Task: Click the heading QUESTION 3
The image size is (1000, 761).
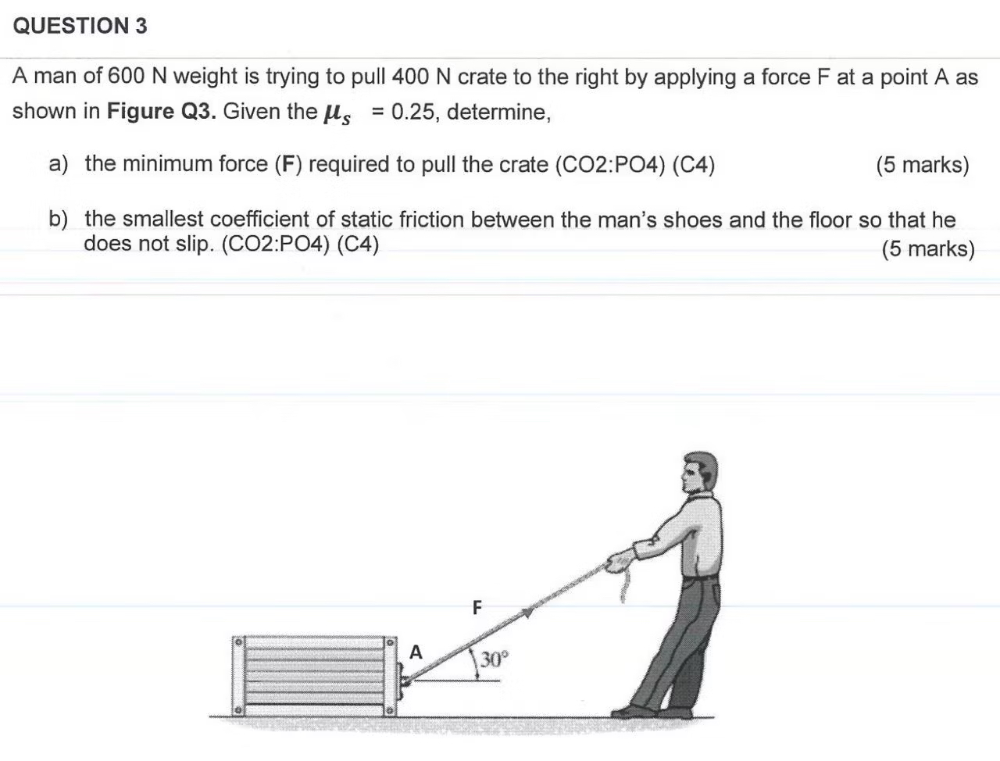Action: pos(80,26)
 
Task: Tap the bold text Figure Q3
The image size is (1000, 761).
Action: pos(161,111)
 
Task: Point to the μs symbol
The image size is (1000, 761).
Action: pos(337,113)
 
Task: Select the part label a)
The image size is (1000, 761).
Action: pos(58,164)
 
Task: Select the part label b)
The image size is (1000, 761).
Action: pos(58,220)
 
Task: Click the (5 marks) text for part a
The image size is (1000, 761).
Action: pos(922,165)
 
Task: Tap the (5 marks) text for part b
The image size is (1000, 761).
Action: pos(928,249)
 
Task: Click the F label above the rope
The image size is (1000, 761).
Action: pos(477,606)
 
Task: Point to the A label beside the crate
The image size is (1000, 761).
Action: pos(416,652)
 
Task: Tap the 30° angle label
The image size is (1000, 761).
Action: pos(494,659)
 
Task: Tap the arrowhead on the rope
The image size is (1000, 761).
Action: pos(529,613)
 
